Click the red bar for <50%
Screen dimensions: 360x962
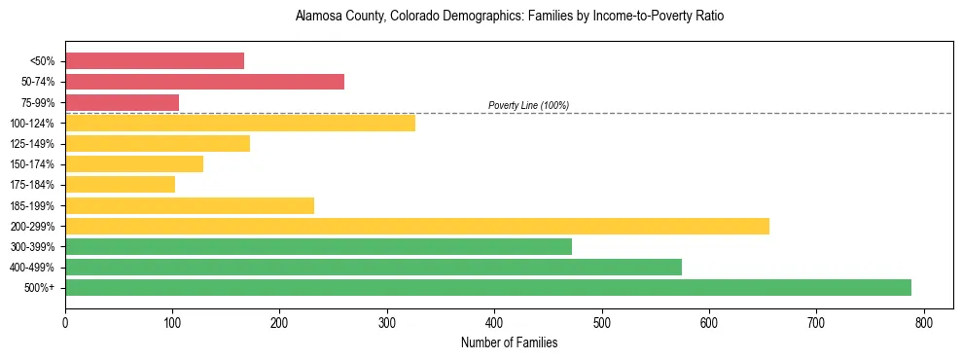click(154, 61)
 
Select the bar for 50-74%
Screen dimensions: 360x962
click(204, 82)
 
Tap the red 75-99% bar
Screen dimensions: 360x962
click(122, 102)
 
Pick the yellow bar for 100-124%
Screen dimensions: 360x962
click(239, 123)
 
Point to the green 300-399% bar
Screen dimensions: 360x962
click(318, 247)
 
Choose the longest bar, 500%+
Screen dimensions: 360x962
click(487, 288)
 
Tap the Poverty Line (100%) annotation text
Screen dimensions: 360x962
click(528, 105)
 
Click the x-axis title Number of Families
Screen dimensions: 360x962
click(509, 342)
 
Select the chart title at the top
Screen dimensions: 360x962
click(509, 17)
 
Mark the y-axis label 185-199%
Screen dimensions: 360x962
click(38, 206)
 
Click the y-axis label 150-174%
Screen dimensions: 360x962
click(38, 164)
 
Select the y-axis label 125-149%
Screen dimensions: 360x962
click(38, 144)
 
